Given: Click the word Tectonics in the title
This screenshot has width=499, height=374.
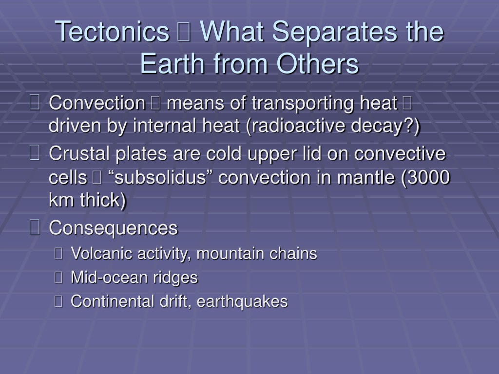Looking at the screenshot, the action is [x=112, y=31].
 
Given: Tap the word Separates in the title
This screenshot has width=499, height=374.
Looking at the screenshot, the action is [x=335, y=31].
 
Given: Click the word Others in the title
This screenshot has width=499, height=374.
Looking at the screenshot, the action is [x=318, y=63].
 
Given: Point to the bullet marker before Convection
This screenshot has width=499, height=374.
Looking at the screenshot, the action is [x=35, y=102].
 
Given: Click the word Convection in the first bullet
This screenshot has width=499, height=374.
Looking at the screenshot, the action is [x=97, y=103].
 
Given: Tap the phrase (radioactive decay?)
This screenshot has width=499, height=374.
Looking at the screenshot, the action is [x=333, y=126].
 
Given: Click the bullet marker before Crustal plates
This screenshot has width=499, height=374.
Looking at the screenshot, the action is [x=35, y=152].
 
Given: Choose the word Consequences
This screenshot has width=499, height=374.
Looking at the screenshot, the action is [x=113, y=228].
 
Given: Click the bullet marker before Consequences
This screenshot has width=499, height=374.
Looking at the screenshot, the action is [x=35, y=227].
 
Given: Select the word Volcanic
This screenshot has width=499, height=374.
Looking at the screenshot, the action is [x=101, y=253].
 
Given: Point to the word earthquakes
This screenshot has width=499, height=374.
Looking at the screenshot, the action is [x=242, y=302].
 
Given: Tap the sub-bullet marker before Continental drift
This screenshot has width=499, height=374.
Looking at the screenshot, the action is [x=58, y=301].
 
